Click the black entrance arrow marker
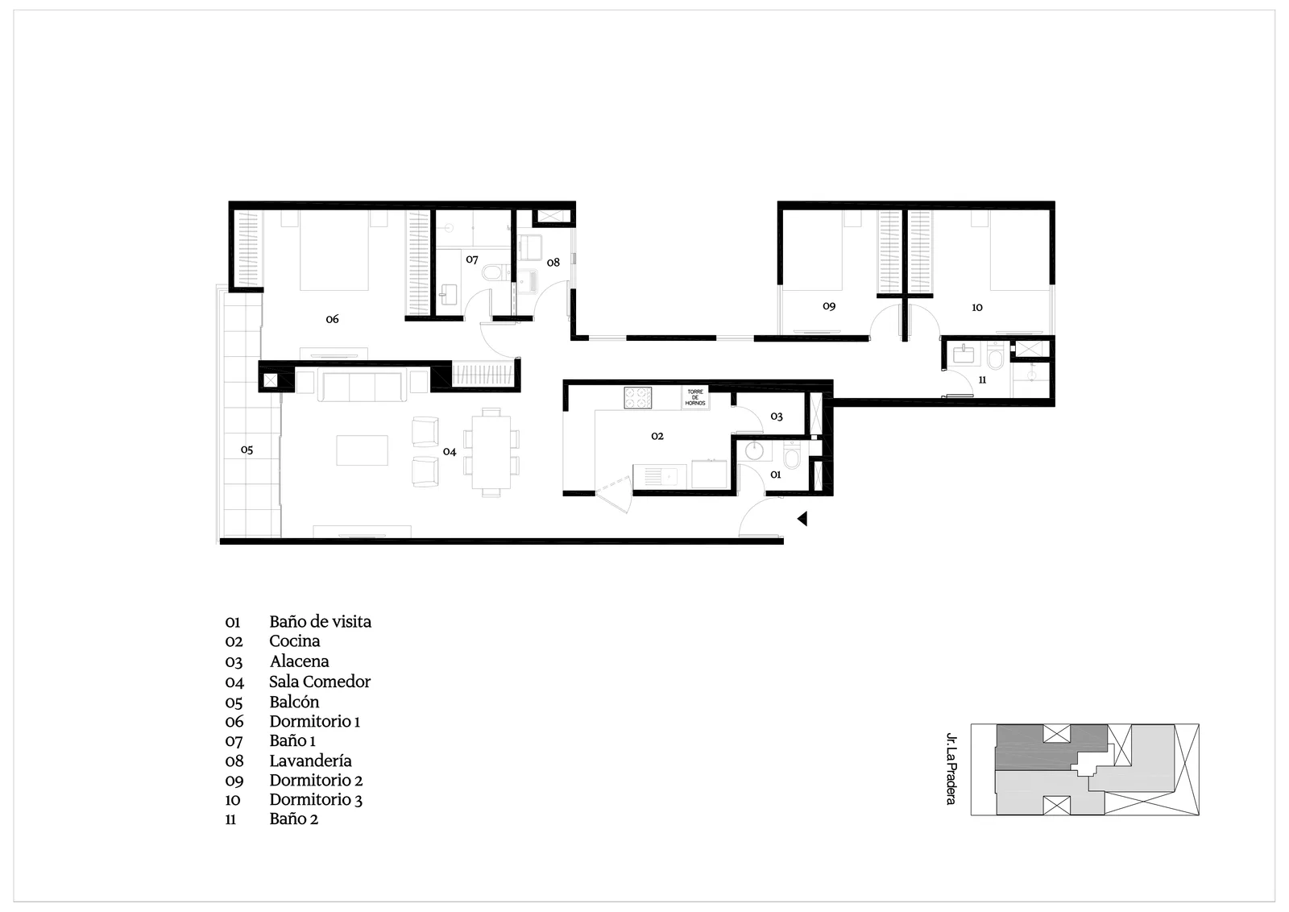click(x=802, y=518)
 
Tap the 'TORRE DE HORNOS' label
click(x=695, y=398)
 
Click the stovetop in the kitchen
click(x=637, y=398)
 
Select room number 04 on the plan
click(x=450, y=452)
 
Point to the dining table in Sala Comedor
click(x=491, y=452)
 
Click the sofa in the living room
click(x=362, y=386)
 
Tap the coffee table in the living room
click(x=362, y=450)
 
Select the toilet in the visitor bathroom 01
click(x=793, y=457)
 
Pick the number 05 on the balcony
click(x=247, y=450)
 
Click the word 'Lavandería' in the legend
click(x=310, y=761)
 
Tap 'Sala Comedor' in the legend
click(x=320, y=682)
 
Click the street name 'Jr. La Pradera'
click(x=951, y=769)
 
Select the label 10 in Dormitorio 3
click(x=977, y=308)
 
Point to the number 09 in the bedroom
click(x=829, y=306)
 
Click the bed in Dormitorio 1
click(x=334, y=251)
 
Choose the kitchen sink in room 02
click(x=660, y=477)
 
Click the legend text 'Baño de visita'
click(x=320, y=622)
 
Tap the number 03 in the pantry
click(x=777, y=417)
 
